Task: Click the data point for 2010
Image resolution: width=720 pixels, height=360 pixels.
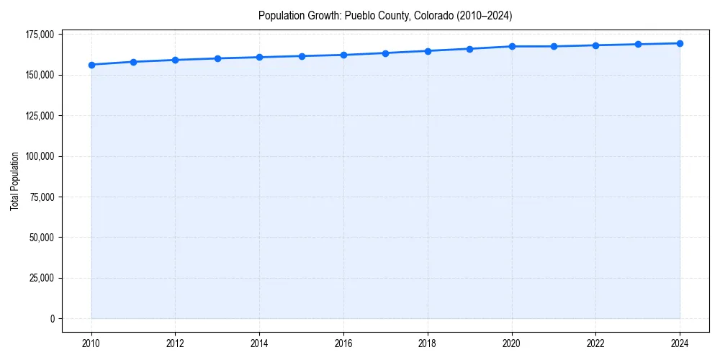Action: click(x=91, y=65)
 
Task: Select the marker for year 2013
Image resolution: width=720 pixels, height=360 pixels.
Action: click(x=217, y=58)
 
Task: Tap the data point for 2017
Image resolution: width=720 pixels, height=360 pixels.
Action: click(x=386, y=53)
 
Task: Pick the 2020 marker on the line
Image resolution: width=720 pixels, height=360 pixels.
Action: click(x=512, y=46)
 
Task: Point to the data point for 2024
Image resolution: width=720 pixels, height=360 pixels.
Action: click(x=680, y=43)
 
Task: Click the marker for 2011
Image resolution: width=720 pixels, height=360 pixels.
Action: click(x=133, y=62)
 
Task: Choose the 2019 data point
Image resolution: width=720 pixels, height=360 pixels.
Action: click(x=469, y=49)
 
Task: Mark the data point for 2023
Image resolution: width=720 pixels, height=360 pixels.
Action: click(x=638, y=45)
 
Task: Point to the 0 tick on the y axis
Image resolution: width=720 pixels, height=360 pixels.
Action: click(x=52, y=318)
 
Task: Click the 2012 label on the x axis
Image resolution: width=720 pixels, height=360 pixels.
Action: click(x=175, y=343)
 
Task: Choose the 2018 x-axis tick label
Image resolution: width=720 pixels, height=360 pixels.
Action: click(x=428, y=343)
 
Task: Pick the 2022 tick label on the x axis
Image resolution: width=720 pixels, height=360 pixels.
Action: click(x=595, y=343)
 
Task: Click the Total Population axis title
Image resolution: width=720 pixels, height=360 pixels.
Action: click(x=14, y=181)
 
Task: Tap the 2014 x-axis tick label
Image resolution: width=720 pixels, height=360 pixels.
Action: click(x=259, y=343)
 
